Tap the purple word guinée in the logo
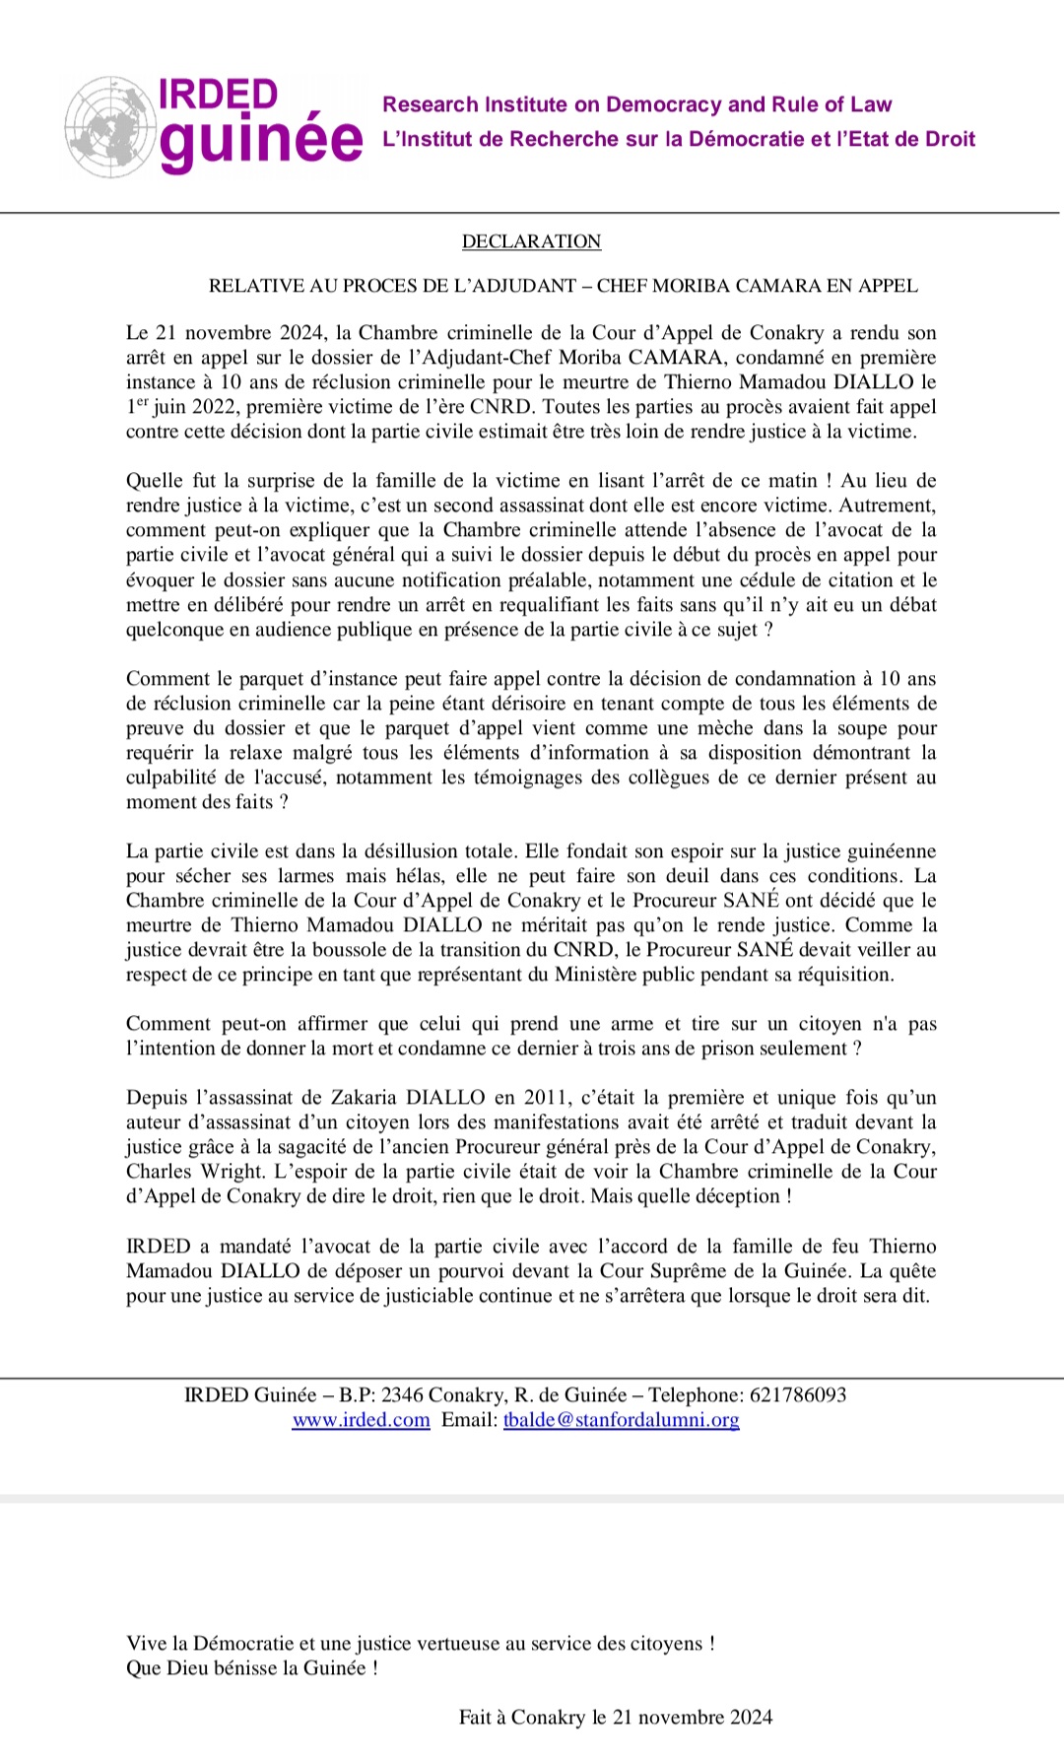click(x=260, y=143)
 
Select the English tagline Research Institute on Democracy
click(x=636, y=104)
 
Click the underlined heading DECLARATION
click(x=531, y=241)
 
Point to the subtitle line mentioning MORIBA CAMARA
click(x=563, y=286)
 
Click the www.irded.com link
click(x=361, y=1420)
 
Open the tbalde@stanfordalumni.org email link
click(x=621, y=1420)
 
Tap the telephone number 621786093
click(x=798, y=1395)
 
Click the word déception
click(x=737, y=1196)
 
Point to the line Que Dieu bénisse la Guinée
click(x=252, y=1668)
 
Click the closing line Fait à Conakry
click(x=616, y=1718)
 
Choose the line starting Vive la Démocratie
click(x=421, y=1644)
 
